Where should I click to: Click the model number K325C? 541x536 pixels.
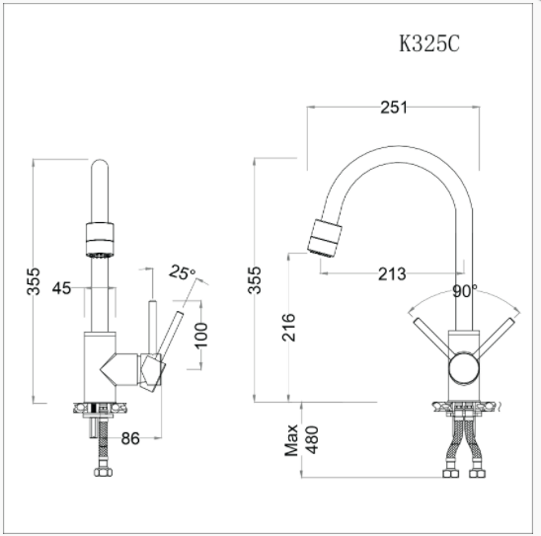click(429, 43)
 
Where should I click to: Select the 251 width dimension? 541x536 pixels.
click(394, 108)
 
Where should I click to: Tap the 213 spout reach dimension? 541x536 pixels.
click(392, 274)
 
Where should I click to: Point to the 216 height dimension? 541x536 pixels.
click(289, 328)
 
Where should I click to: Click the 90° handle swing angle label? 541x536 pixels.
click(465, 291)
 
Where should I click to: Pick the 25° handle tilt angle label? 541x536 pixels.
click(182, 272)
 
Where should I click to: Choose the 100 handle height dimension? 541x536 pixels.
click(200, 336)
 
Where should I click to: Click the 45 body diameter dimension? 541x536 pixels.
click(62, 288)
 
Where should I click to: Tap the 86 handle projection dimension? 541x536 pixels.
click(130, 438)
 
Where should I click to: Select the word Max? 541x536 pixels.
click(291, 440)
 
